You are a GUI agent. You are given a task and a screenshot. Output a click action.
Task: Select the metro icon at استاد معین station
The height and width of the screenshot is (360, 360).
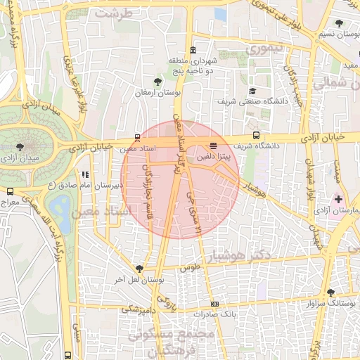pyautogui.click(x=138, y=138)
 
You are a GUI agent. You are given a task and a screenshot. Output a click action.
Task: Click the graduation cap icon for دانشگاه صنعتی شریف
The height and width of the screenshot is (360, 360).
pyautogui.click(x=252, y=91)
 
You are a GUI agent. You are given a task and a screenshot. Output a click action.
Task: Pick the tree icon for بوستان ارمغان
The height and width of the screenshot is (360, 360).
pyautogui.click(x=159, y=82)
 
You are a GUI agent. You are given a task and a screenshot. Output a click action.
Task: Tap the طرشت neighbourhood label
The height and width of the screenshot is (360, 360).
pyautogui.click(x=115, y=13)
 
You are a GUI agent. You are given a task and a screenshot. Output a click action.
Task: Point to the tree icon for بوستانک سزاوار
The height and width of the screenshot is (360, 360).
pyautogui.click(x=330, y=292)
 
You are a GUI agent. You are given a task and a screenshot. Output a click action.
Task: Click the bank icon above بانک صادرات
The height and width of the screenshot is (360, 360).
pyautogui.click(x=214, y=304)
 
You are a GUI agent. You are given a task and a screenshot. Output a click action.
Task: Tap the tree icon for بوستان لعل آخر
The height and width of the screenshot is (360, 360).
pyautogui.click(x=139, y=269)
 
